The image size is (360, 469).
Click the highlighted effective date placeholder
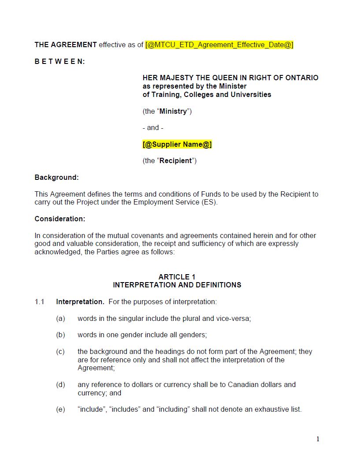219,45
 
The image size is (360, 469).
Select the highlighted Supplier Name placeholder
177,145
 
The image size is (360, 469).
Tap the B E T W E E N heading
60,62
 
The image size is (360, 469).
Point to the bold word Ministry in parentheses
173,112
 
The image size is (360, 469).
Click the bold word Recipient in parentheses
175,161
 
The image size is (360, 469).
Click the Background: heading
56,178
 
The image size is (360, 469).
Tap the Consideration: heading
60,219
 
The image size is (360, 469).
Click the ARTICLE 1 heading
177,277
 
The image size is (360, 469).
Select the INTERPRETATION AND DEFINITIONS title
177,285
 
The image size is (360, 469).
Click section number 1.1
40,302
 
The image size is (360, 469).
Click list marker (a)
60,319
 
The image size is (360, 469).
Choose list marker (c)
60,352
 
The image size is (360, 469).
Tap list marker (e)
60,409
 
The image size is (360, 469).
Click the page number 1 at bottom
318,439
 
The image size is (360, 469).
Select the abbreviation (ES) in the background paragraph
209,202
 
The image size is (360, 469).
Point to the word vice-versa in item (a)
233,319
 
